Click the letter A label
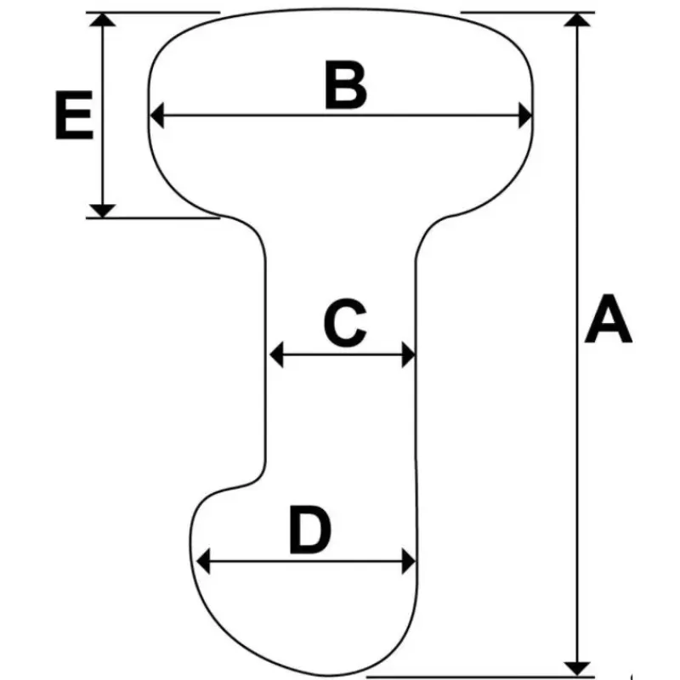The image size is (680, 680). click(x=608, y=319)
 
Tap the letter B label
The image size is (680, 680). click(x=346, y=85)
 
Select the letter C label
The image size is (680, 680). click(x=345, y=323)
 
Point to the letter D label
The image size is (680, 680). click(x=310, y=529)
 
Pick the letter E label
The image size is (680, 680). click(x=74, y=115)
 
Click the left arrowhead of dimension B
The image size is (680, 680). click(x=157, y=116)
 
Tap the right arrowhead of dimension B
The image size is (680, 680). click(x=525, y=116)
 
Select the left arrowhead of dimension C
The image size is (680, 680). click(x=277, y=354)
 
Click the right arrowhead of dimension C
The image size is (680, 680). click(x=409, y=354)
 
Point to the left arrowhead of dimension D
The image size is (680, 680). click(x=203, y=561)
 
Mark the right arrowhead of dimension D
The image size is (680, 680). click(x=409, y=561)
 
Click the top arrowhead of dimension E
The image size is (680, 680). click(x=102, y=20)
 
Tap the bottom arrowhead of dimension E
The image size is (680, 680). click(x=102, y=210)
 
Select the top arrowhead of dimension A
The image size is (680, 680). click(x=577, y=20)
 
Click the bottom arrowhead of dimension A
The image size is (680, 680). click(x=577, y=669)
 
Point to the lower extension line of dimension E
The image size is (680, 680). click(x=153, y=218)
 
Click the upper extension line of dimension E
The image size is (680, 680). click(x=153, y=13)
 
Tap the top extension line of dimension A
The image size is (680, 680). click(x=527, y=13)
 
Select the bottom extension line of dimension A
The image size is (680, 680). click(x=480, y=677)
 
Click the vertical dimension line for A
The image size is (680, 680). click(x=577, y=344)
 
